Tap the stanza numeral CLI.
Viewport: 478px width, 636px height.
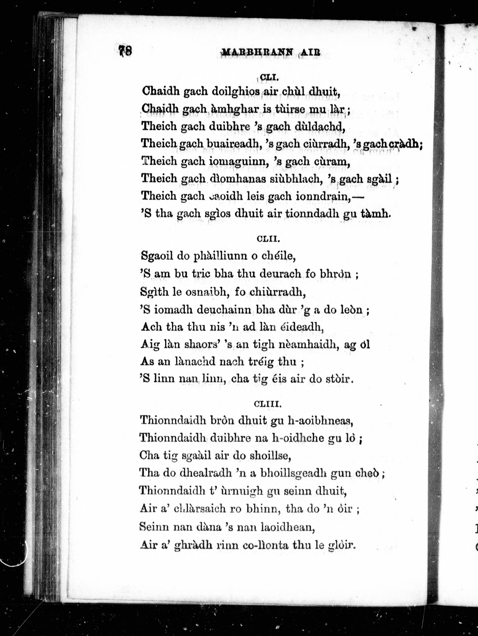point(268,77)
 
